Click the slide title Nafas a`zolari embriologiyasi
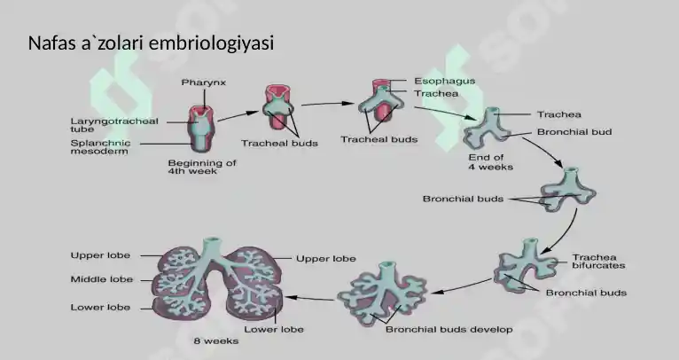(151, 43)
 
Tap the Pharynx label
(204, 82)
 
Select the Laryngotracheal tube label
(114, 125)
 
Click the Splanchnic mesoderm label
(100, 147)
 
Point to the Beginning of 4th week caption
(202, 167)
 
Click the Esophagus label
(445, 81)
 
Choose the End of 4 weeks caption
(490, 162)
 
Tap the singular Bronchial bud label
(574, 132)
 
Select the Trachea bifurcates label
(598, 262)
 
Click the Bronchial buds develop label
(449, 330)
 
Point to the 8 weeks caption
(216, 341)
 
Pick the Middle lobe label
(102, 279)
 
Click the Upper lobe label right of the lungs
(326, 259)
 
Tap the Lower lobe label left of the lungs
(100, 307)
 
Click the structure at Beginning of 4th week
(199, 129)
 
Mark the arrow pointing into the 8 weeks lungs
(309, 298)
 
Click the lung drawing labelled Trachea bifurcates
(526, 265)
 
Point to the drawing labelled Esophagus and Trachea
(380, 100)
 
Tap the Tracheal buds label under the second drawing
(279, 143)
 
